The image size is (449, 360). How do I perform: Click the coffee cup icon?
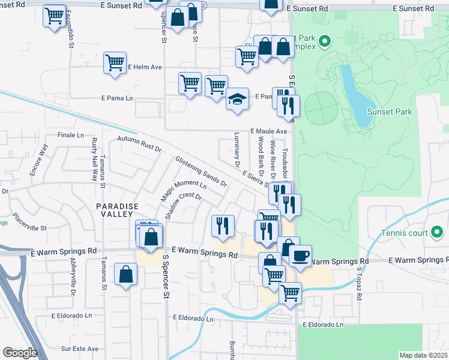click(300, 256)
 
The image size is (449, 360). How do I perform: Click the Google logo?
click(20, 353)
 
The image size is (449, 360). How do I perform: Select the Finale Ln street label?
click(71, 135)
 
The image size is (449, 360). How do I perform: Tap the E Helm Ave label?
click(145, 67)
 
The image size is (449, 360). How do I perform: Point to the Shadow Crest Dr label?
click(183, 205)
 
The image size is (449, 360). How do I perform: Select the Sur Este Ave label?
click(80, 348)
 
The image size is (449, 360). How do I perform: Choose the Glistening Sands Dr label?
click(201, 170)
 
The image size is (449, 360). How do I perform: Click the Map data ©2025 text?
click(423, 355)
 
